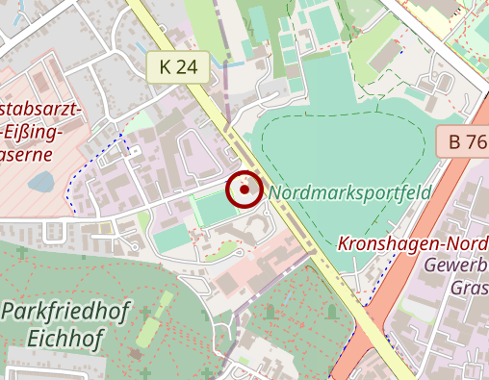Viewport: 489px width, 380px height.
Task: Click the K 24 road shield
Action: tap(179, 66)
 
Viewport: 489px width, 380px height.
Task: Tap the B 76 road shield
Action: tap(467, 142)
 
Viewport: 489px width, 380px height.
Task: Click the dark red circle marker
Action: tap(245, 190)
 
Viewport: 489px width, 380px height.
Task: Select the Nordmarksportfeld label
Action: tap(349, 192)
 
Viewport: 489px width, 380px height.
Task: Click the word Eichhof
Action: tap(65, 338)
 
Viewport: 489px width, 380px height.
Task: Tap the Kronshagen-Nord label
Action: tap(413, 243)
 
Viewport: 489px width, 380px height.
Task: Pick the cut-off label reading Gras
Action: tap(469, 287)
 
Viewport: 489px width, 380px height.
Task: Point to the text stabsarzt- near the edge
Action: tap(41, 107)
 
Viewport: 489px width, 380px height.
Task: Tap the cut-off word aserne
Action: tap(26, 153)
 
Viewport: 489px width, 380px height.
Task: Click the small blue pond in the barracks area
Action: tap(40, 181)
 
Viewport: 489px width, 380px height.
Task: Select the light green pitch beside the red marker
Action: tap(214, 206)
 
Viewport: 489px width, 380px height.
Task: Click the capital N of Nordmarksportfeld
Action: tap(276, 192)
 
